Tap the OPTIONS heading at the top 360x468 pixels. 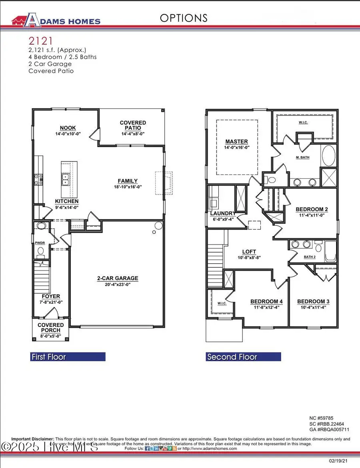184,18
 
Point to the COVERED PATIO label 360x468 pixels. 133,123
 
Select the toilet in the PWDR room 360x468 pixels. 40,251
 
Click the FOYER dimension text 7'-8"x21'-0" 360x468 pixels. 51,303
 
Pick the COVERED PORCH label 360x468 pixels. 51,327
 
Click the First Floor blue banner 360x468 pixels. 68,357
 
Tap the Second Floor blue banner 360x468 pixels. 243,357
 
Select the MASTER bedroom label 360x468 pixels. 236,141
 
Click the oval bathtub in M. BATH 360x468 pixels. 329,156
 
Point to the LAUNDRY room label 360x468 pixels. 223,213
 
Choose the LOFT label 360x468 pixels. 249,252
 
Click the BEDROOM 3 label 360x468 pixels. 313,301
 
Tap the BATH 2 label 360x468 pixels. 310,257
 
